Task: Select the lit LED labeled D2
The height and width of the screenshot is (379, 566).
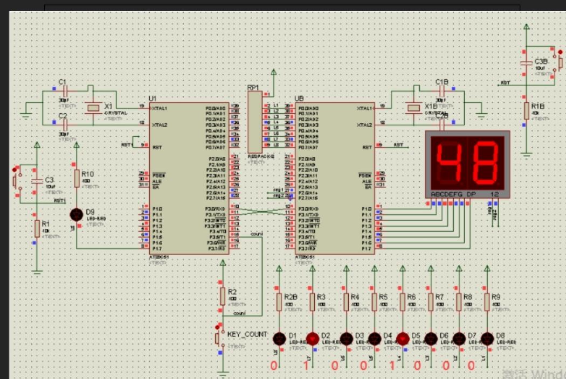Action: [312, 339]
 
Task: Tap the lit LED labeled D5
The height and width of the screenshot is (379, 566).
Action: [402, 339]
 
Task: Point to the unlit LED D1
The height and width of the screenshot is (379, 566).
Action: [279, 339]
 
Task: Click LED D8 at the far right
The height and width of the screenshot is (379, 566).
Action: [487, 339]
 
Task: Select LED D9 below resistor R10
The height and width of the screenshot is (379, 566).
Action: [77, 214]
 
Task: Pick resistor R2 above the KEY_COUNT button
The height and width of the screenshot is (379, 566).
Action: [222, 296]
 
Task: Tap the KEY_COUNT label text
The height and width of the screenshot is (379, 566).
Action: [247, 334]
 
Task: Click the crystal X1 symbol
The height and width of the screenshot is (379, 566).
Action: [94, 108]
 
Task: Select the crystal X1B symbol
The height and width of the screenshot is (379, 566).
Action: [413, 108]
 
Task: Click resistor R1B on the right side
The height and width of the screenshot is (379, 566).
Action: [527, 111]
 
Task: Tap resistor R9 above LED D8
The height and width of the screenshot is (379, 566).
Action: [487, 301]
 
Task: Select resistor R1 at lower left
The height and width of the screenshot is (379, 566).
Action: [37, 228]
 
